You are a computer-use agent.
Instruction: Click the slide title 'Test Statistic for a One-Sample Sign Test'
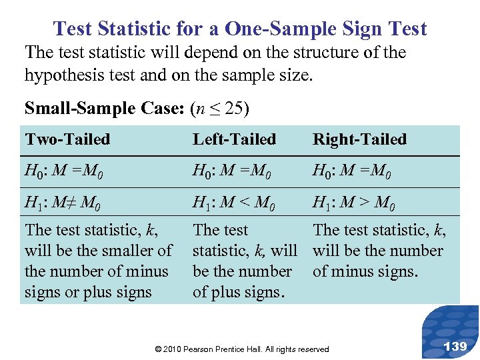tap(240, 29)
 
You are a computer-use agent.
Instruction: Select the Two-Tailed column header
tap(67, 139)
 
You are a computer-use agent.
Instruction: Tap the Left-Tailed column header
tap(234, 139)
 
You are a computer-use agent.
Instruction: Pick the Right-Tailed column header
tap(359, 139)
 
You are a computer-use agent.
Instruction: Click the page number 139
tap(455, 345)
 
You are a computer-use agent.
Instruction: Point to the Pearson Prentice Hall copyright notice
tap(241, 349)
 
